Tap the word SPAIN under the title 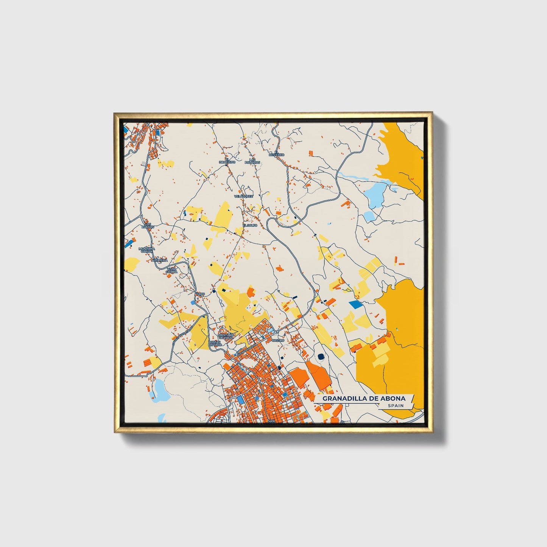pos(395,406)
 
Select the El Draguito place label pos(227,161)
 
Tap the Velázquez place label pos(243,196)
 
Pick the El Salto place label pos(250,225)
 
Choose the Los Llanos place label pos(147,225)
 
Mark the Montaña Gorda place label pos(146,250)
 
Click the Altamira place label pos(159,260)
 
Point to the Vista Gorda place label pos(172,270)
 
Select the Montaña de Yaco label pos(227,336)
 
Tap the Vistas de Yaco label pos(215,343)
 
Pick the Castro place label pos(278,340)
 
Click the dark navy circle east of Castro pos(321,356)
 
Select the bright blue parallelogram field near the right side pos(355,304)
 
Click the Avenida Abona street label pos(246,351)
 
